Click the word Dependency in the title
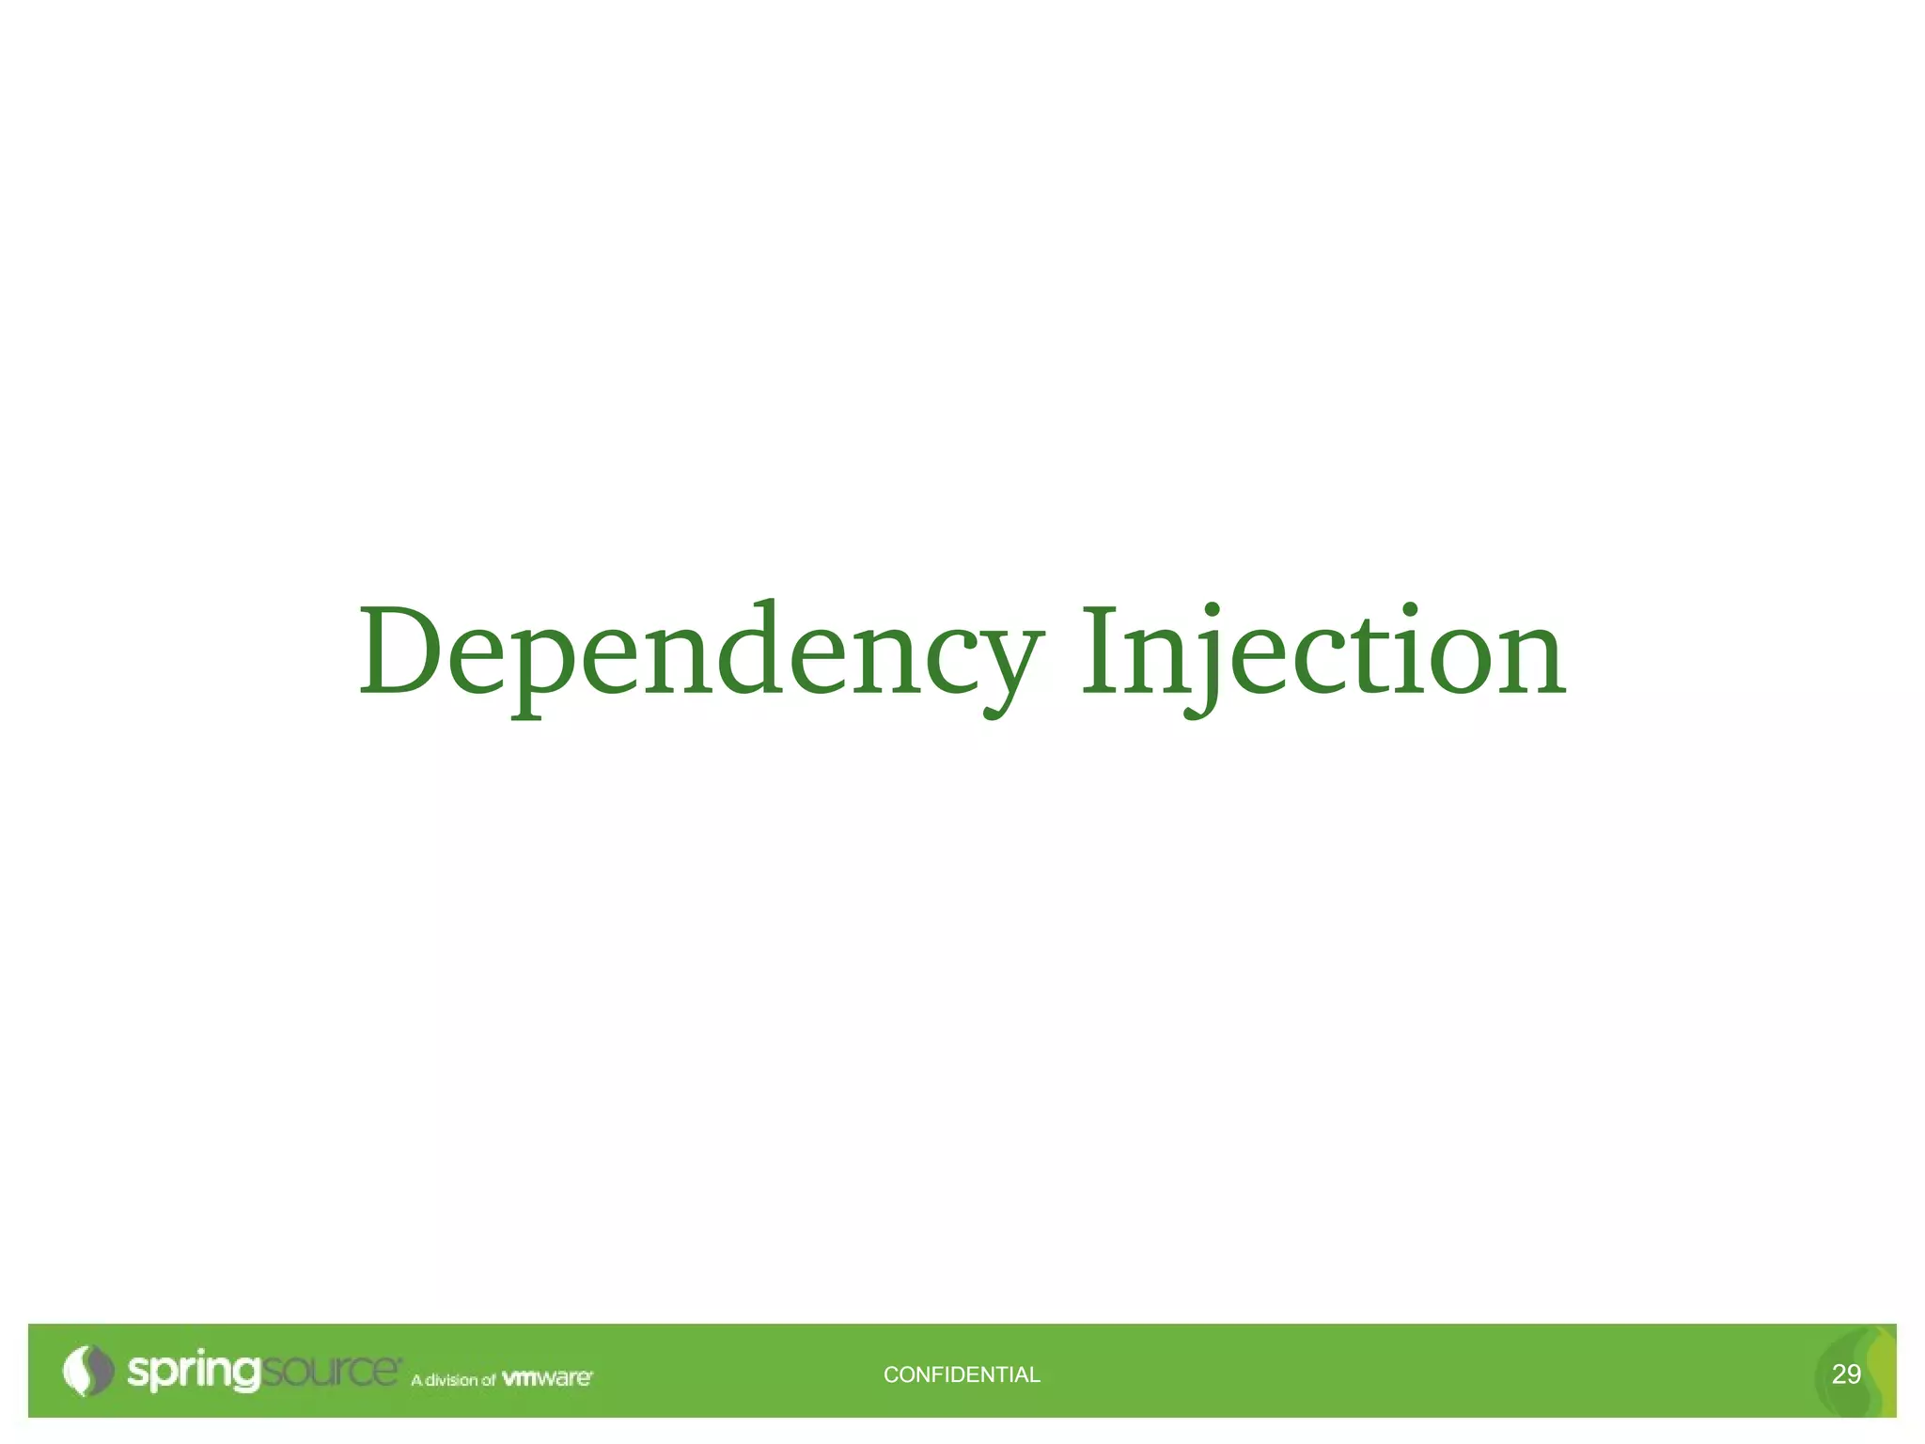tap(700, 652)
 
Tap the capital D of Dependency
tap(400, 651)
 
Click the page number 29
tap(1846, 1374)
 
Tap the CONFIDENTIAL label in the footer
tap(962, 1374)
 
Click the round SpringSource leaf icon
tap(86, 1371)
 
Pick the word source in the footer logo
tap(329, 1371)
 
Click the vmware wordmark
tap(547, 1378)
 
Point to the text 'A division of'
tap(453, 1380)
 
